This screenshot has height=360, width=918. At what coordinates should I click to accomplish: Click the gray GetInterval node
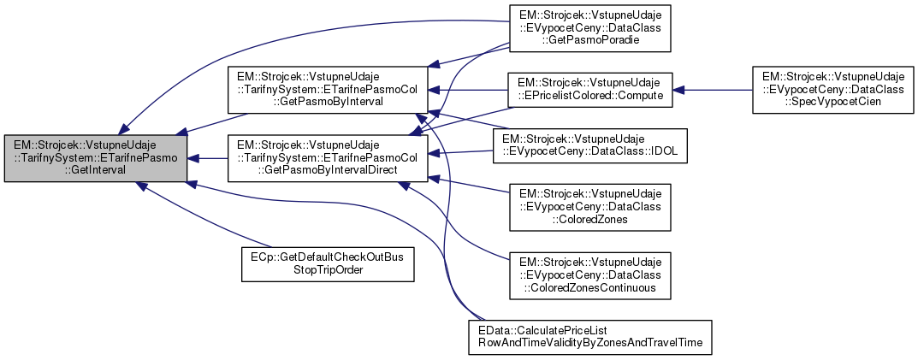point(95,157)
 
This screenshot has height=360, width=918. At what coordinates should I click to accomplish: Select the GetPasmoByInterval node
point(328,87)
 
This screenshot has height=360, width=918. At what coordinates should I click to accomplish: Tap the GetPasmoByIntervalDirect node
point(328,157)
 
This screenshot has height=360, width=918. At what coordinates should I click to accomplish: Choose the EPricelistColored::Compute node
point(590,89)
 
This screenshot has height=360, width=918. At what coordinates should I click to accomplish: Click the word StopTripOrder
point(327,270)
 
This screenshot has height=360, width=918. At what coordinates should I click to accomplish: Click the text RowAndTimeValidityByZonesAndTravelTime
point(589,342)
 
